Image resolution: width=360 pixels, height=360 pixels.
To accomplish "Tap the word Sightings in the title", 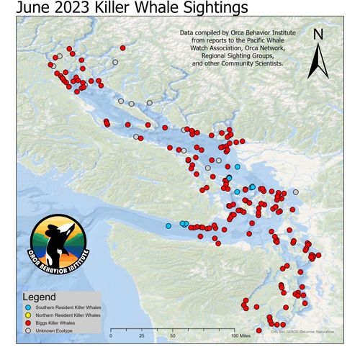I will (210, 8).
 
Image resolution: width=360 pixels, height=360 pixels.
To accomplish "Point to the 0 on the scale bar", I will (111, 336).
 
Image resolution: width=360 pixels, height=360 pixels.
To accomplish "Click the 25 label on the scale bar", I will (141, 336).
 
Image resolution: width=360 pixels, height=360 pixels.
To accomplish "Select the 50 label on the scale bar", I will (173, 336).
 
